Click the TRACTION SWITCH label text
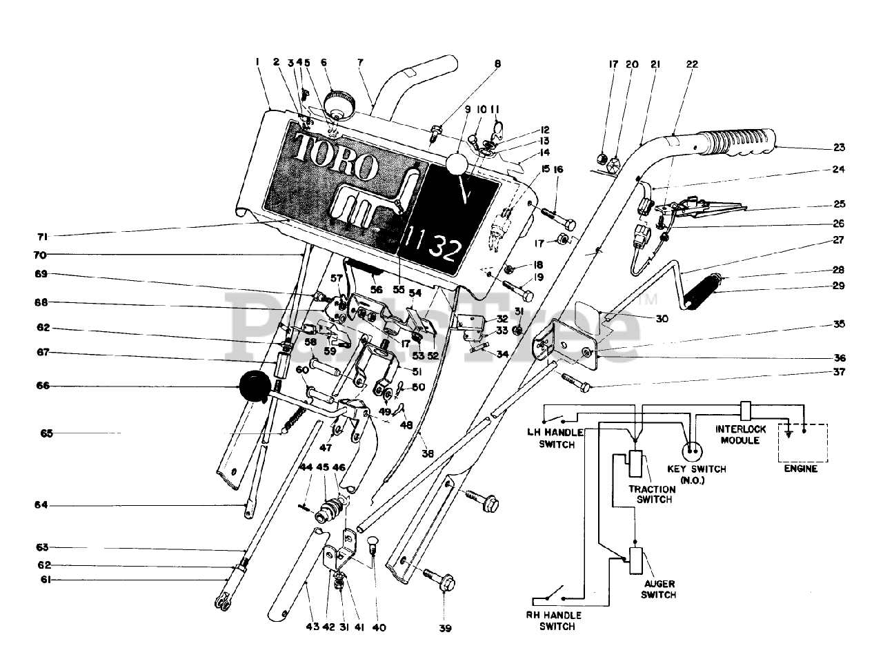point(651,493)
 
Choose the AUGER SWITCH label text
point(658,589)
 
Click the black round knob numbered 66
point(254,386)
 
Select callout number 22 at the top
point(692,64)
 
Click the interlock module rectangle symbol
point(746,411)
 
